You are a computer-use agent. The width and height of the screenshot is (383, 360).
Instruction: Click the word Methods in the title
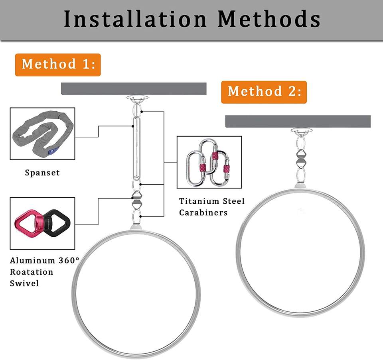(x=269, y=19)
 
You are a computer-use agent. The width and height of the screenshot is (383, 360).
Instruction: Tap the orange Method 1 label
(x=58, y=65)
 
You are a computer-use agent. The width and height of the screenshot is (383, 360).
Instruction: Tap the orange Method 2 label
(x=264, y=92)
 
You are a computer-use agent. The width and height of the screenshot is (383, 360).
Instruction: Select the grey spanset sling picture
(x=42, y=134)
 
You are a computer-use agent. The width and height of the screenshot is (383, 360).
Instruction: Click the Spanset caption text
(x=42, y=173)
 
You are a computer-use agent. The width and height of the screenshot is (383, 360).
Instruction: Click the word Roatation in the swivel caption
(x=32, y=272)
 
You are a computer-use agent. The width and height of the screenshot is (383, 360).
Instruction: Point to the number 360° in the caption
(x=69, y=261)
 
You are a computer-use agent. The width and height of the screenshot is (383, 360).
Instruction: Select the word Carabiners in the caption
(x=203, y=212)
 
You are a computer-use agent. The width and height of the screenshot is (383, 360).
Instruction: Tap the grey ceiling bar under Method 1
(x=133, y=89)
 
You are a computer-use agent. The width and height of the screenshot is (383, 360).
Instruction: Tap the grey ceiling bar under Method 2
(x=298, y=121)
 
